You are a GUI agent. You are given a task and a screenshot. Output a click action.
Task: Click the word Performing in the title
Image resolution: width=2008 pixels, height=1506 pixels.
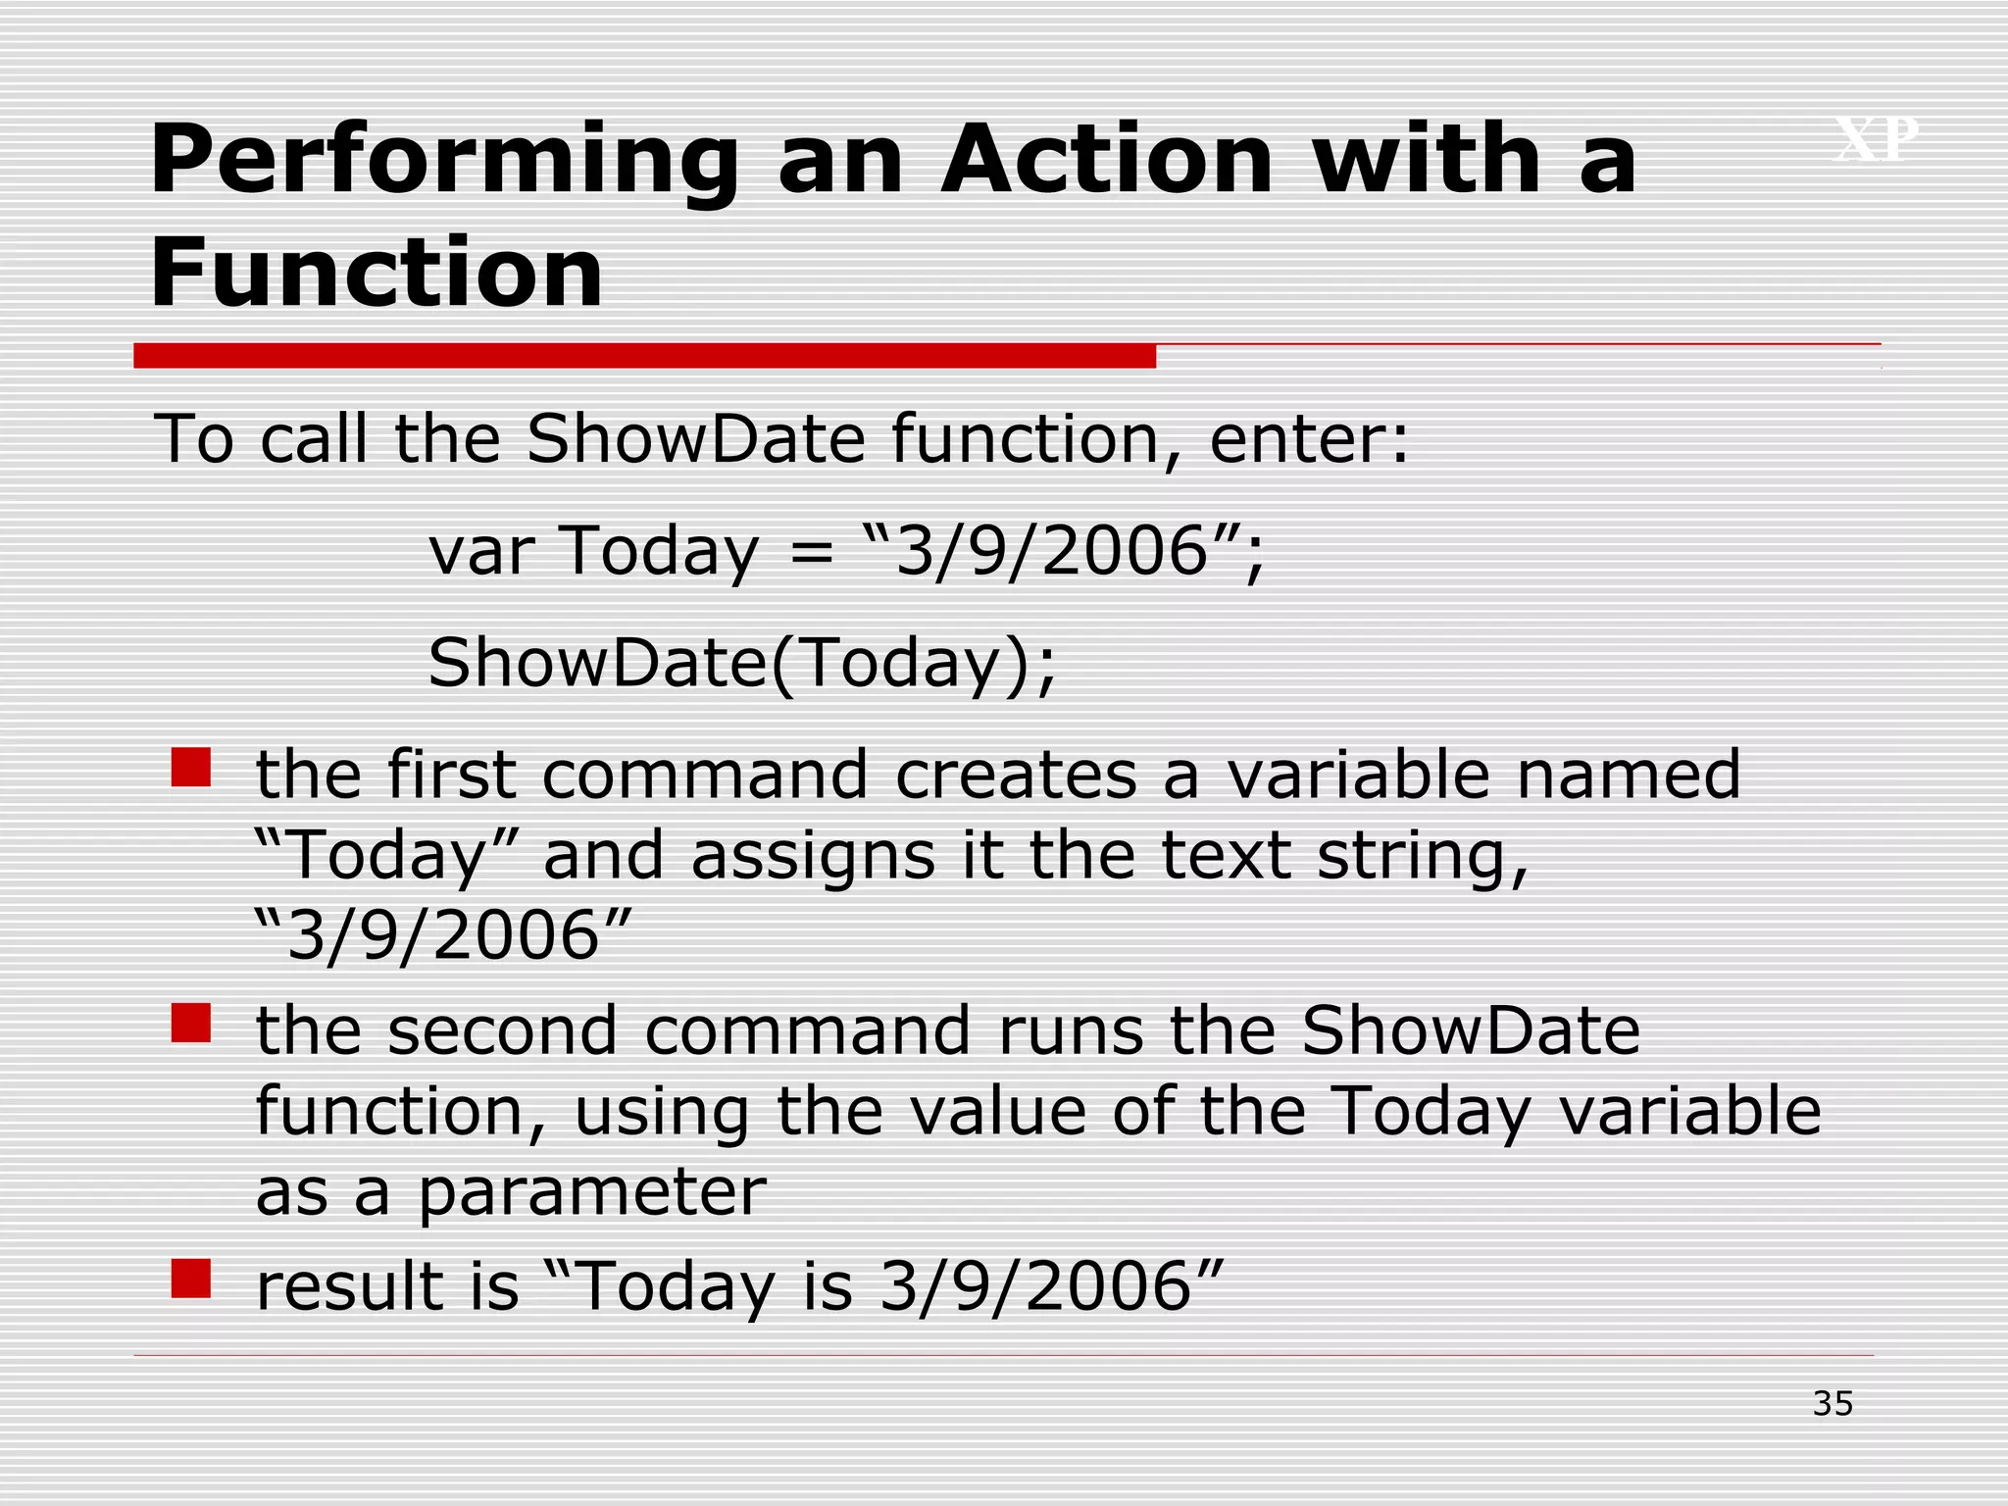point(443,162)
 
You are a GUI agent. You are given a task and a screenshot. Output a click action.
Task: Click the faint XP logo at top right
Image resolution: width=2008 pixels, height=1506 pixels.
point(1876,139)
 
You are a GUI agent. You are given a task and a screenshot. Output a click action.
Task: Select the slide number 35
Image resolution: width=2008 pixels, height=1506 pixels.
point(1832,1404)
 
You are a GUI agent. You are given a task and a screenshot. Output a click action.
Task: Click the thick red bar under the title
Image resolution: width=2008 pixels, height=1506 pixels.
point(644,356)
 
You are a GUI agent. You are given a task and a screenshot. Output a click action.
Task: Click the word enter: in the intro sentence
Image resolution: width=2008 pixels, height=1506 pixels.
point(1309,438)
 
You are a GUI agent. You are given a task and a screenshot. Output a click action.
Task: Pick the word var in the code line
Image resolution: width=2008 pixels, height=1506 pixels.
point(481,551)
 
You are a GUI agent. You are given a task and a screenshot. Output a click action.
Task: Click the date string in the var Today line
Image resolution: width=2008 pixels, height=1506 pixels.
point(1052,551)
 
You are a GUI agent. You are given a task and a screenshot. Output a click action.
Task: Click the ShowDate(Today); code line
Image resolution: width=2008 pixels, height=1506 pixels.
point(742,664)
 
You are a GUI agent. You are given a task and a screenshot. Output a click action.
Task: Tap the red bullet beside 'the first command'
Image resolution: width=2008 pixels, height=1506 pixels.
point(191,768)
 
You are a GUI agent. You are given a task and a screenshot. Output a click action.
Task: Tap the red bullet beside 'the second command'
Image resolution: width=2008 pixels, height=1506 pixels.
point(191,1023)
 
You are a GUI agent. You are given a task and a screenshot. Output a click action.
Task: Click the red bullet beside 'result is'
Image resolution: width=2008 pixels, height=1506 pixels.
point(191,1278)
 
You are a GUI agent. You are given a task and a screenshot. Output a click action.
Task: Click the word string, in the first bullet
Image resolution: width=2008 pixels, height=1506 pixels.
point(1422,856)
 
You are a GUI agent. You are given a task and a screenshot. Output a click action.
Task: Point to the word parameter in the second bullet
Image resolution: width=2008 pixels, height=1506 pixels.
point(592,1193)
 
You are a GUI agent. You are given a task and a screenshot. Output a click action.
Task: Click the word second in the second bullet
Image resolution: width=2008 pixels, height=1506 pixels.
point(502,1031)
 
